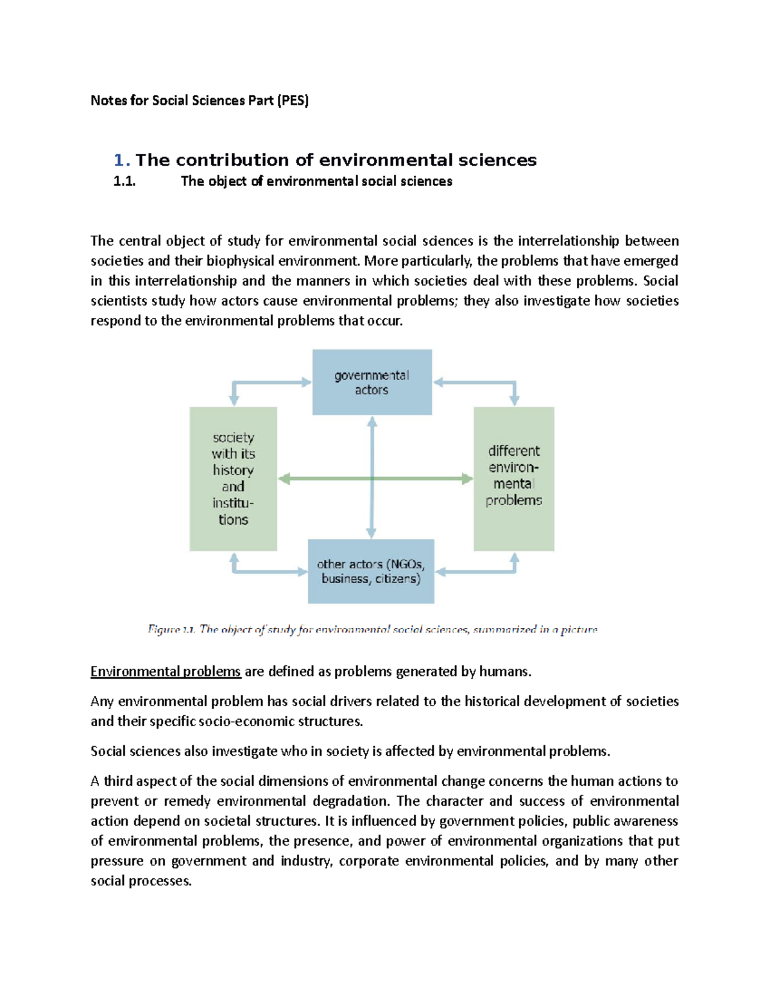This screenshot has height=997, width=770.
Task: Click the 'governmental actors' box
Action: pyautogui.click(x=372, y=383)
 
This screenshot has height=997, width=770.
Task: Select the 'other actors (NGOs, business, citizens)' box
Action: pyautogui.click(x=371, y=571)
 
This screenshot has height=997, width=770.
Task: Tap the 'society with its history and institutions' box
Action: pyautogui.click(x=233, y=478)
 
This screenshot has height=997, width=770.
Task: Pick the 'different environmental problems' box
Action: pyautogui.click(x=513, y=478)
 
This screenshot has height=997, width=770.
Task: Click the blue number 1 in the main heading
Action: pyautogui.click(x=119, y=160)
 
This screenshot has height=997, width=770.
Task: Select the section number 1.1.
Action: pyautogui.click(x=124, y=182)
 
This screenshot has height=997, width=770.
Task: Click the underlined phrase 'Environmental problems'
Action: pyautogui.click(x=166, y=672)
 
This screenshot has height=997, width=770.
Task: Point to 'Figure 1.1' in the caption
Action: pyautogui.click(x=171, y=629)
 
